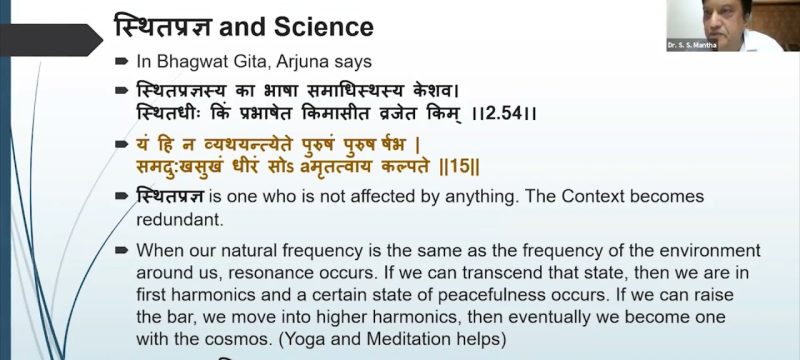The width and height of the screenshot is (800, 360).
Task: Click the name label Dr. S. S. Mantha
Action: tap(689, 45)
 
